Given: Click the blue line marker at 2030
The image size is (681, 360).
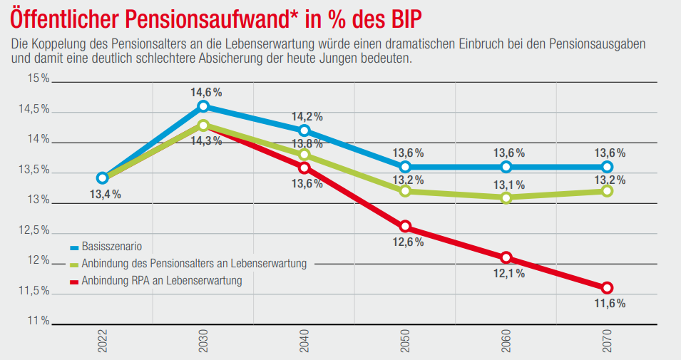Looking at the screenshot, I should click(x=203, y=106).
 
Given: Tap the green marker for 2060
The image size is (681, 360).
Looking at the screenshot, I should click(x=506, y=197).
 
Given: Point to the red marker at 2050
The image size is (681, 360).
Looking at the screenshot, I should click(x=405, y=227).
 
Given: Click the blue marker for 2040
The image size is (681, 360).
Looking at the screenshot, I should click(x=304, y=130).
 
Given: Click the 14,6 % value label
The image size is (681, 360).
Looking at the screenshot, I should click(x=206, y=93).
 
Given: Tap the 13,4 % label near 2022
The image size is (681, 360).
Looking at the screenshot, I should click(x=104, y=194).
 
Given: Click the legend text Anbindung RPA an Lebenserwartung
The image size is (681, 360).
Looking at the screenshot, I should click(x=162, y=281).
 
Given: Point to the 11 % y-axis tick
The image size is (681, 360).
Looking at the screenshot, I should click(x=37, y=322).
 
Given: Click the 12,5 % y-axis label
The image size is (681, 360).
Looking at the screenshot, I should click(x=34, y=231).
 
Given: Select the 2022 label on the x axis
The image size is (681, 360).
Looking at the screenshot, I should click(x=102, y=342).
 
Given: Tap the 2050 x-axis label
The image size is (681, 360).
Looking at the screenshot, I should click(x=405, y=342).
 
